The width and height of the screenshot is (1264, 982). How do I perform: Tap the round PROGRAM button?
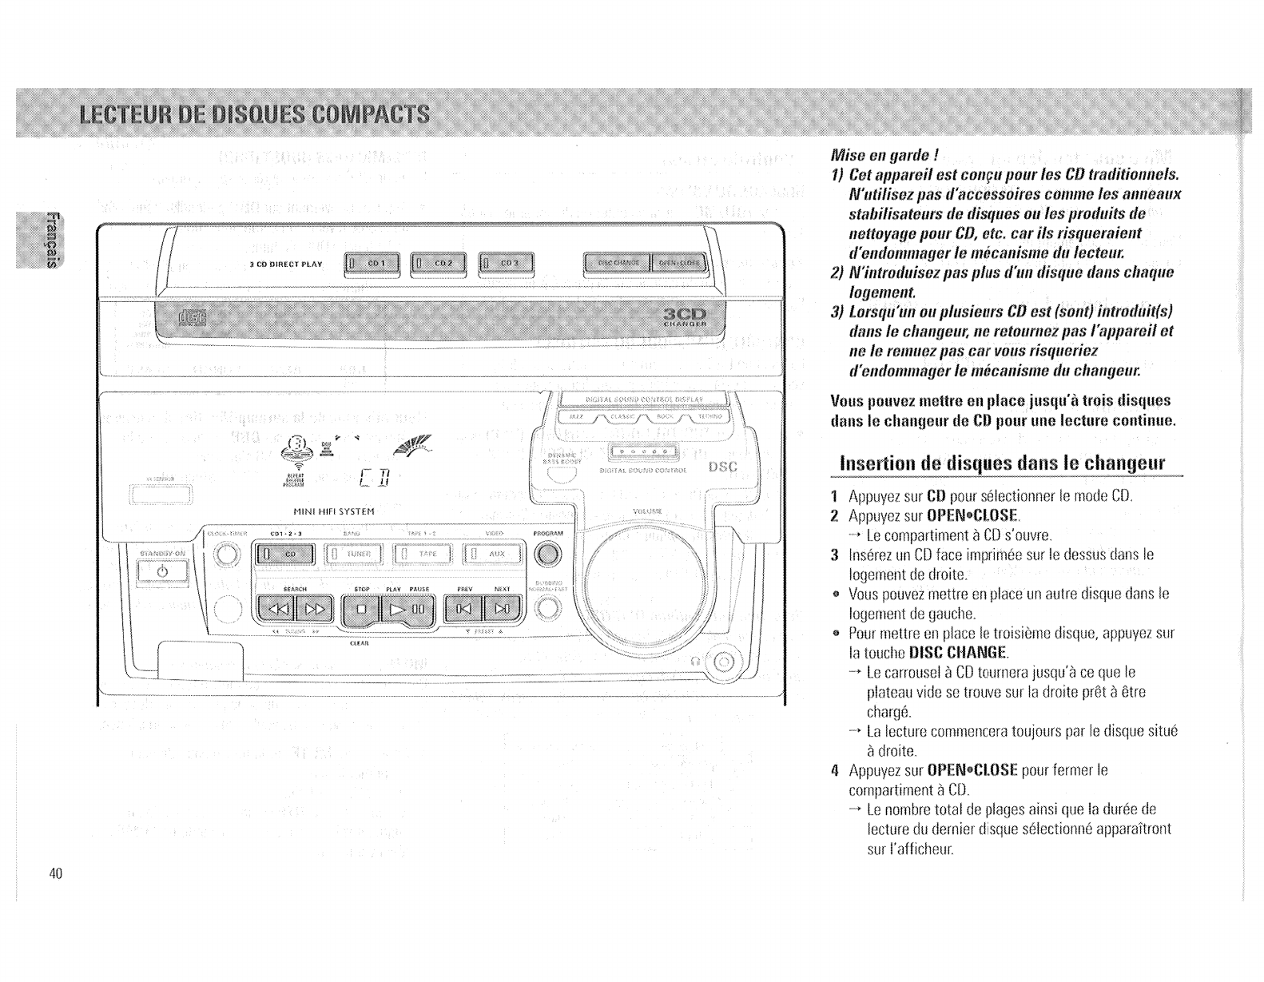548,553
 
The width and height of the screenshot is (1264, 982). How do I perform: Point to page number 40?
55,873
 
